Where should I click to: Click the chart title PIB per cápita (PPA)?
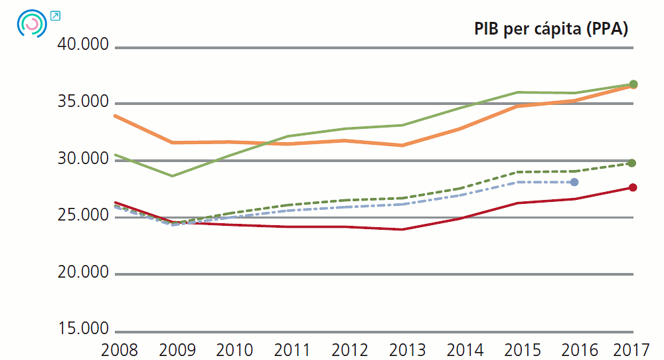[x=550, y=29]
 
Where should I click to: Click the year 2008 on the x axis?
[x=115, y=349]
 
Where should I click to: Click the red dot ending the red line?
[x=633, y=187]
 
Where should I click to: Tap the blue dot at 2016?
[x=575, y=182]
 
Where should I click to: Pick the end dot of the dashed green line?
[x=632, y=163]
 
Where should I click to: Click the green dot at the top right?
[x=633, y=84]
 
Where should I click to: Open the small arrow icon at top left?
[x=55, y=15]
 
